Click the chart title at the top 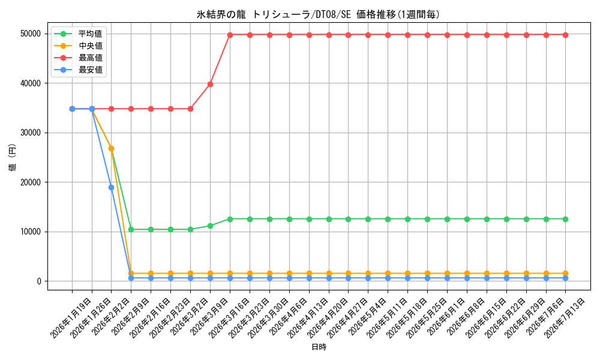pyautogui.click(x=318, y=14)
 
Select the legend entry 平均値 pyautogui.click(x=91, y=34)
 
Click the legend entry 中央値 pyautogui.click(x=91, y=46)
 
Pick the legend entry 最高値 pyautogui.click(x=91, y=58)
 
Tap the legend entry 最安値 pyautogui.click(x=91, y=70)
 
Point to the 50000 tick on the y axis pyautogui.click(x=31, y=34)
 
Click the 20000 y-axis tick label pyautogui.click(x=31, y=182)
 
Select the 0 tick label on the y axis pyautogui.click(x=39, y=281)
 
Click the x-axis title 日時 pyautogui.click(x=319, y=347)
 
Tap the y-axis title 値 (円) pyautogui.click(x=13, y=157)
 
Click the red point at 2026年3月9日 pyautogui.click(x=210, y=84)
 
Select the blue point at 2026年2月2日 pyautogui.click(x=112, y=187)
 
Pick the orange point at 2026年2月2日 pyautogui.click(x=112, y=148)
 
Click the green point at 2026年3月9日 pyautogui.click(x=210, y=226)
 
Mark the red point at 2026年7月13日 pyautogui.click(x=566, y=35)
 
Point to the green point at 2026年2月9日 pyautogui.click(x=131, y=229)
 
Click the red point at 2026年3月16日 pyautogui.click(x=230, y=35)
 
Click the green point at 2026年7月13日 pyautogui.click(x=566, y=219)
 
